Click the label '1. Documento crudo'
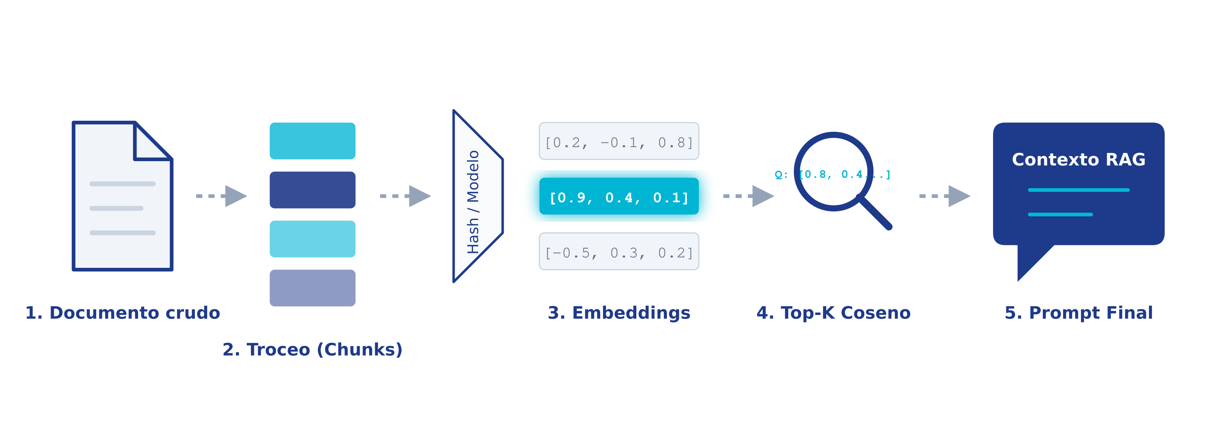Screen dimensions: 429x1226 coord(122,313)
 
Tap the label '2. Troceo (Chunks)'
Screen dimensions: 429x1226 coord(312,349)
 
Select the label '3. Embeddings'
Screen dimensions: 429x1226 coord(619,313)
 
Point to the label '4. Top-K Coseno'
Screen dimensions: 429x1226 coord(833,313)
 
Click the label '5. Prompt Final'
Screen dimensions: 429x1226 coord(1078,313)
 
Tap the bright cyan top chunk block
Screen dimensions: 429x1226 coord(312,141)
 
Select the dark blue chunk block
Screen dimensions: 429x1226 coord(312,190)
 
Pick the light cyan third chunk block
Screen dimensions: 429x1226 coord(312,239)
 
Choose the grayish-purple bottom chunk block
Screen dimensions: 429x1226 coord(312,288)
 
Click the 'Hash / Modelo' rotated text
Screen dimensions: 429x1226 coord(473,202)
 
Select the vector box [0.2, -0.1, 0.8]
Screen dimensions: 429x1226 coord(619,141)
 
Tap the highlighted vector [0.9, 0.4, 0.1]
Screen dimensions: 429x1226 coord(619,196)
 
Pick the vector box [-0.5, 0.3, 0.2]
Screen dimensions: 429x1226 coord(619,252)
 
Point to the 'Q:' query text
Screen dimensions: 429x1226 coord(781,175)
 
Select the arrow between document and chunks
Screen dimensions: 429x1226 coord(221,196)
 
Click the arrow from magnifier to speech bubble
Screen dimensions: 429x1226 coord(944,196)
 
